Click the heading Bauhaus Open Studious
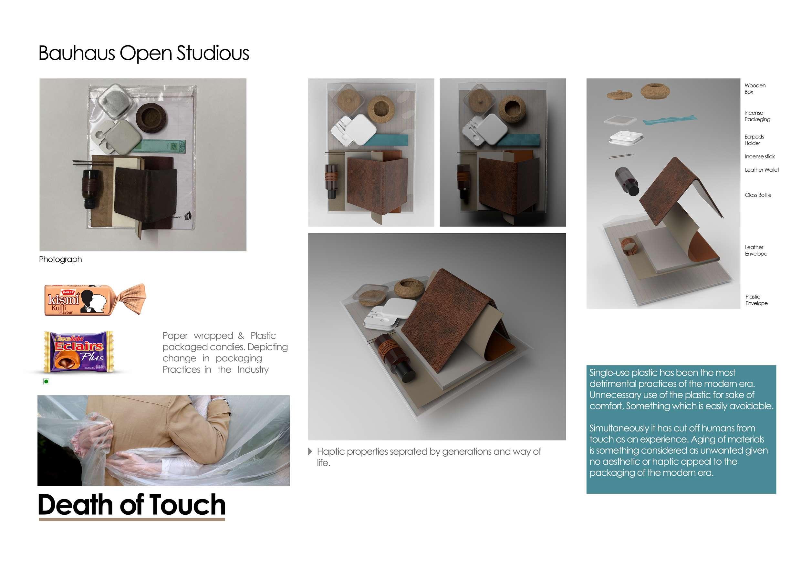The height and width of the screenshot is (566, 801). click(144, 53)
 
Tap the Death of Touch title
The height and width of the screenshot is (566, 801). click(132, 504)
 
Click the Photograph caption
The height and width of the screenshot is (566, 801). click(60, 260)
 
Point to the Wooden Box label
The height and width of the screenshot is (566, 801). click(755, 88)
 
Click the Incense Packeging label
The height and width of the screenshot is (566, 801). click(757, 116)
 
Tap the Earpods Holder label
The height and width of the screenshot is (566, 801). click(754, 140)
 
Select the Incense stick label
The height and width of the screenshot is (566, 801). click(759, 157)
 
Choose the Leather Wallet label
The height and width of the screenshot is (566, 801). click(762, 170)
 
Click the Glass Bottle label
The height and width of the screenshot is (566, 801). click(758, 195)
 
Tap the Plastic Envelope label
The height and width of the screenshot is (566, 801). click(756, 300)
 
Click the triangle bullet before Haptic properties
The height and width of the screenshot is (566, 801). click(310, 452)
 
